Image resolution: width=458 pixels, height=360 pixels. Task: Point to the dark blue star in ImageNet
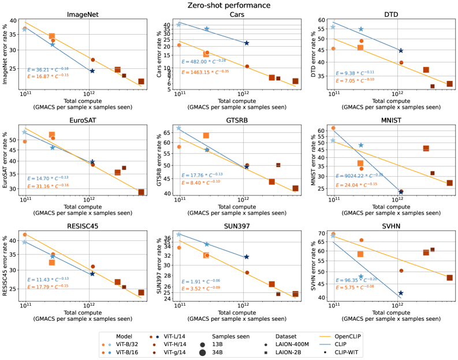click(x=92, y=71)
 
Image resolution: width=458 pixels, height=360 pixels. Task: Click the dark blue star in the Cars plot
click(x=247, y=43)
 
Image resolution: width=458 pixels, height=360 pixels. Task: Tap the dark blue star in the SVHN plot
click(x=401, y=294)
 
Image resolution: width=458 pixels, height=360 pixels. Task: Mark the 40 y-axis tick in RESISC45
click(x=13, y=240)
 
